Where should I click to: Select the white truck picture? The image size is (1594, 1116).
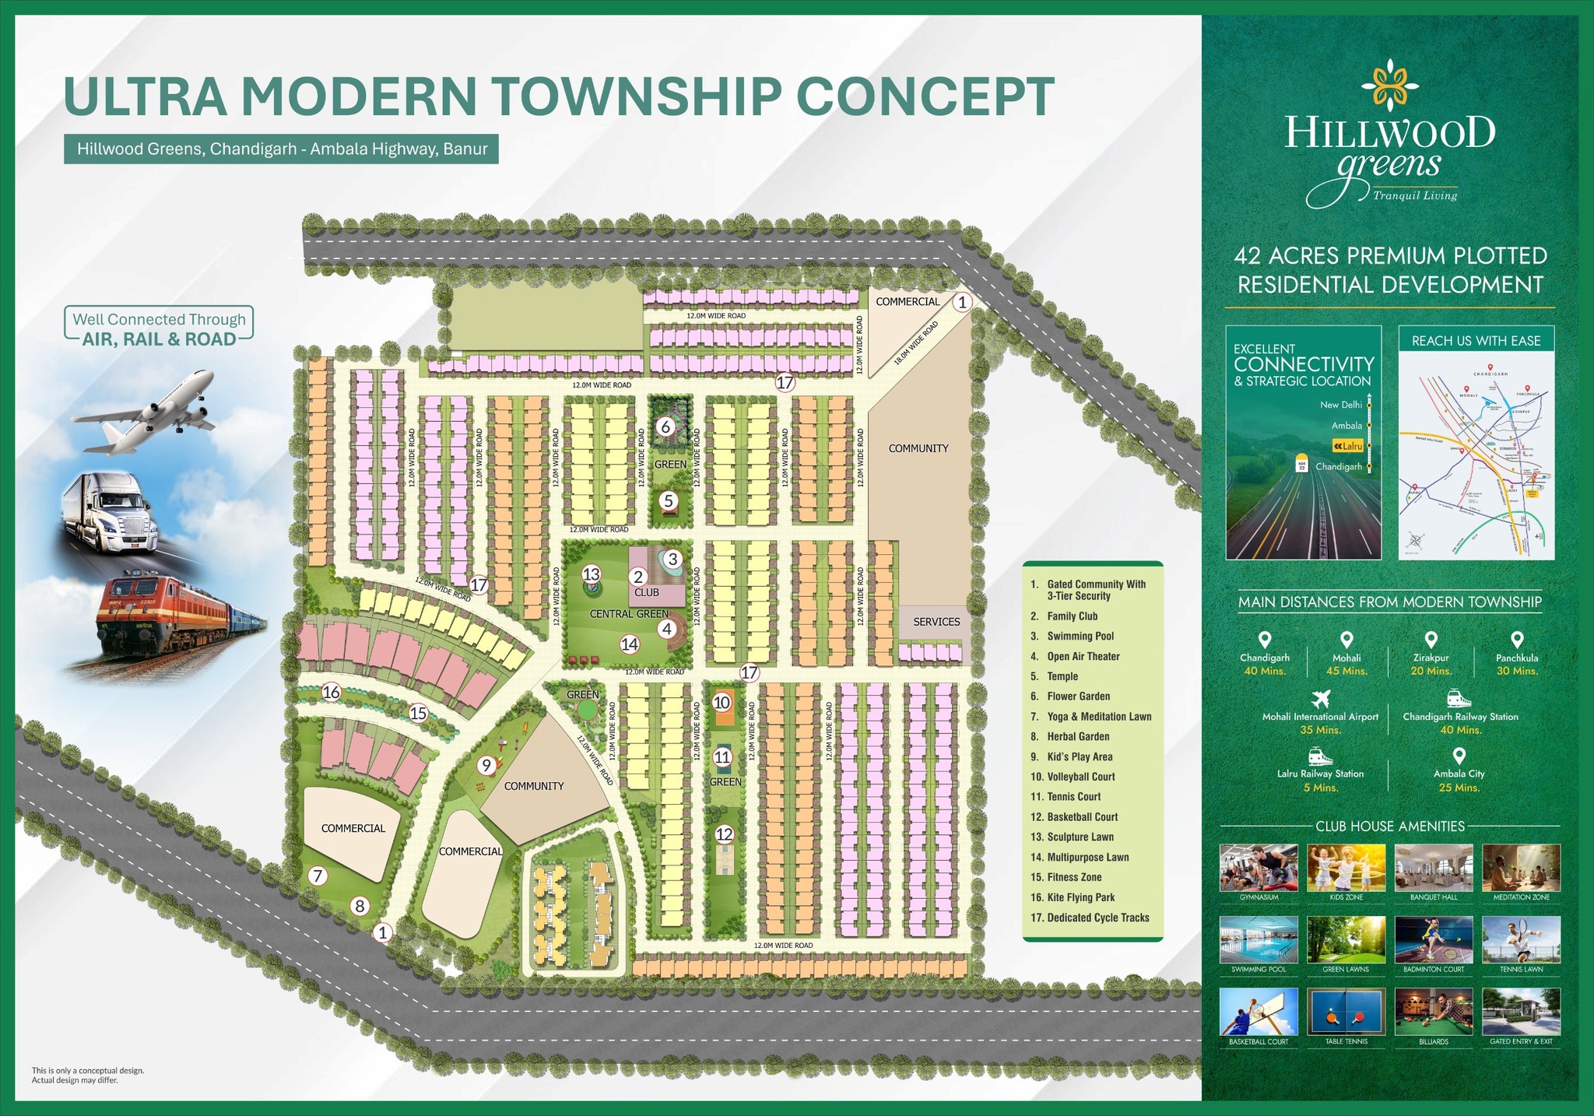(x=114, y=514)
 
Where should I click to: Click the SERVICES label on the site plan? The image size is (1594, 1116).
(x=936, y=622)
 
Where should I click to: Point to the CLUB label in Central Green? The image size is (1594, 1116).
(x=647, y=592)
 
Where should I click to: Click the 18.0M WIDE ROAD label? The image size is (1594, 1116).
(x=916, y=342)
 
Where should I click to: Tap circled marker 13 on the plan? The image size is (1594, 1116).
(x=592, y=574)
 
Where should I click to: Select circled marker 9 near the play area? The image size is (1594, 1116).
(x=486, y=765)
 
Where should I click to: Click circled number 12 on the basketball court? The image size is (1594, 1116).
(x=724, y=834)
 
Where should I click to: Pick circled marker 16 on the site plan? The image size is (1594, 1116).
(x=332, y=692)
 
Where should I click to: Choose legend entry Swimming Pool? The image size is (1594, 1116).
(x=1080, y=636)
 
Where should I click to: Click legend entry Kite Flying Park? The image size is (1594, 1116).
(x=1080, y=897)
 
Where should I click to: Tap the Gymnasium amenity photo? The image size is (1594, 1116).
(x=1259, y=868)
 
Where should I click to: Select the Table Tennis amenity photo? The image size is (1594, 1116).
(x=1346, y=1012)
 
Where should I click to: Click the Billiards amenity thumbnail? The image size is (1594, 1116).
(x=1434, y=1012)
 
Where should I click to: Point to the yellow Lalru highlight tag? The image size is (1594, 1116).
(x=1348, y=446)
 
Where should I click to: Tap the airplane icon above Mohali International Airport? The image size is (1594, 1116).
(x=1320, y=697)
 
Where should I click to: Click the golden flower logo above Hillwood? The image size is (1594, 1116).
(x=1389, y=87)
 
